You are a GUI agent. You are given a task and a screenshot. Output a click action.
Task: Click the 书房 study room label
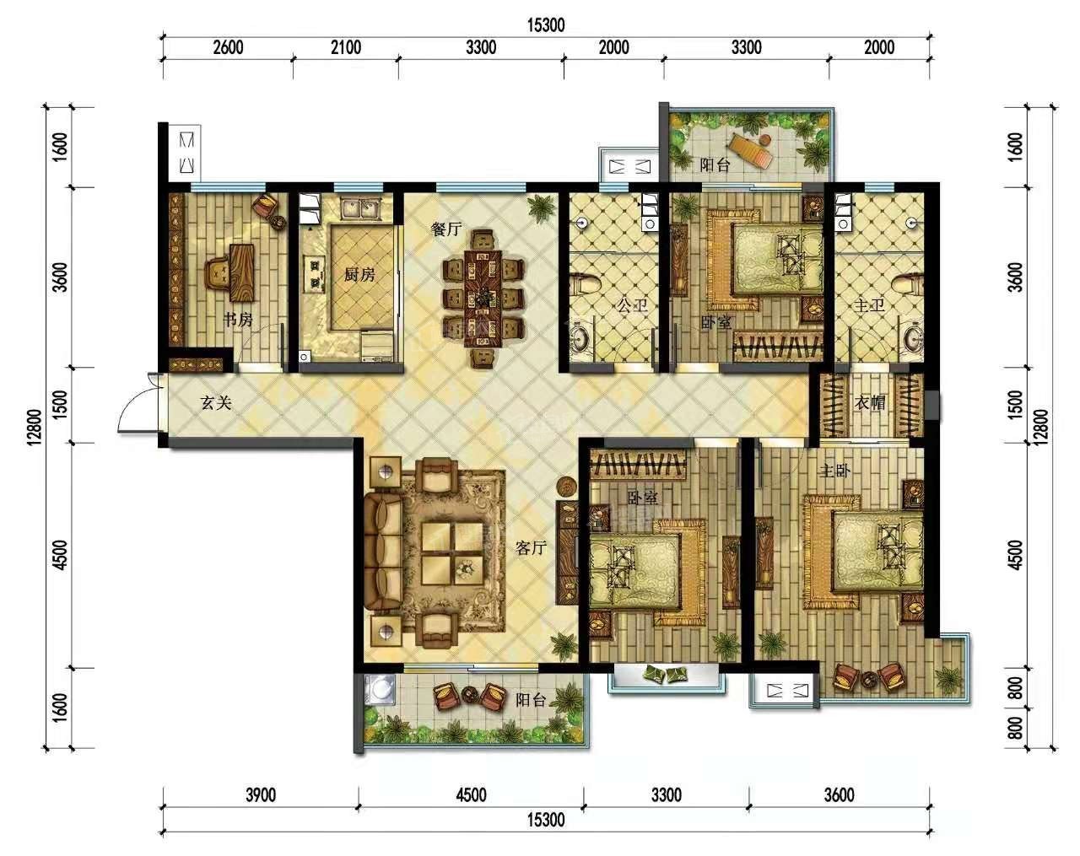(x=238, y=320)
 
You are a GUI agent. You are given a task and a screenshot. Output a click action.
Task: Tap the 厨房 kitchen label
(x=358, y=274)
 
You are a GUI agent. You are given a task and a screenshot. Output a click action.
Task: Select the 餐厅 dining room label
(x=446, y=229)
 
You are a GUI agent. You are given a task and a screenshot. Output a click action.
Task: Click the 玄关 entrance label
(x=216, y=403)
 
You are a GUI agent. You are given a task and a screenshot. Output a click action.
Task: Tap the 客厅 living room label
(x=531, y=548)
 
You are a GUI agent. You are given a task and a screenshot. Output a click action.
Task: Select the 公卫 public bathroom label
(x=631, y=305)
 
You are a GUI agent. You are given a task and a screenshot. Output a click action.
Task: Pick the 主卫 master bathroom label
(x=869, y=305)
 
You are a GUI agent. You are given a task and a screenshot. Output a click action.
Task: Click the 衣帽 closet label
(x=870, y=403)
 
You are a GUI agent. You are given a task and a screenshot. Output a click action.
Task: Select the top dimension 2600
(x=228, y=47)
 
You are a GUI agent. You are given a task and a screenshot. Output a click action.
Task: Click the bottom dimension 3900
(x=260, y=795)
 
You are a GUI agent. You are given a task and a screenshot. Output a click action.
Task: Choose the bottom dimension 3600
(x=839, y=795)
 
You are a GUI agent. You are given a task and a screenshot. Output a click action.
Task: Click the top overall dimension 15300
(x=546, y=25)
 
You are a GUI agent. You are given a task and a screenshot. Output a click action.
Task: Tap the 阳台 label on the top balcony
(x=715, y=165)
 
